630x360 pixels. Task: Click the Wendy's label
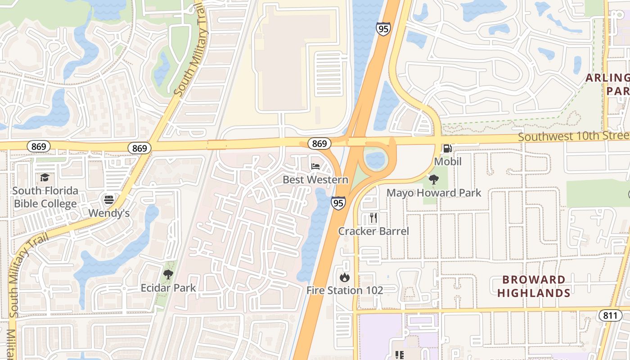click(109, 213)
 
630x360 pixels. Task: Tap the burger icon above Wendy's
click(108, 199)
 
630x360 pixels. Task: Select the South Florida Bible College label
click(45, 197)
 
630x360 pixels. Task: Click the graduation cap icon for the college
click(45, 177)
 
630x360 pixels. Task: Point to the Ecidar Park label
click(168, 288)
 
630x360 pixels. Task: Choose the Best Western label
click(315, 180)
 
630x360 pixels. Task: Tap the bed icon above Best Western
click(315, 166)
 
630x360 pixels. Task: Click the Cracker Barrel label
click(373, 231)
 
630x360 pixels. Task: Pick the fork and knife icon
click(373, 218)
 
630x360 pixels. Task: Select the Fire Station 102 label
click(345, 290)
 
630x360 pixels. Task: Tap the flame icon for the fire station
click(345, 277)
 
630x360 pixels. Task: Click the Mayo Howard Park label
click(434, 193)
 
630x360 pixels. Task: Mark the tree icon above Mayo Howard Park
click(434, 180)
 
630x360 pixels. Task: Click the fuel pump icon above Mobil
click(448, 148)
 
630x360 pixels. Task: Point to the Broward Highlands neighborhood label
click(534, 286)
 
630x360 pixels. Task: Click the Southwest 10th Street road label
click(573, 136)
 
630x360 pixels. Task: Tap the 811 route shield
click(610, 315)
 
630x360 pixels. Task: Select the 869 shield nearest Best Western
click(319, 144)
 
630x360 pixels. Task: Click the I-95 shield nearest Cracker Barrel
click(339, 203)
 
